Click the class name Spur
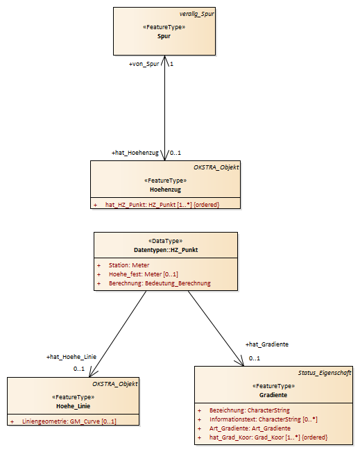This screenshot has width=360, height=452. (164, 36)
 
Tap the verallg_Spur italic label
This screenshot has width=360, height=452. (197, 14)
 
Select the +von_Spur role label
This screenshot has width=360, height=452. (144, 64)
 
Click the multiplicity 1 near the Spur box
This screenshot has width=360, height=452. (171, 64)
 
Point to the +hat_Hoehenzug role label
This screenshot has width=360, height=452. (135, 153)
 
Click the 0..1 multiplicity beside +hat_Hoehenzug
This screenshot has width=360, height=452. (175, 153)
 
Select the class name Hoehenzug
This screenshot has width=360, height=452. (165, 190)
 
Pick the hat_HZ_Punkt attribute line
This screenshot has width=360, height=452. (162, 205)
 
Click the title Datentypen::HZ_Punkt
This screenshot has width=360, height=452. (166, 250)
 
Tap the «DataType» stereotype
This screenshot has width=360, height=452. (166, 241)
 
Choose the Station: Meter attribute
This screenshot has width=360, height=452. (129, 265)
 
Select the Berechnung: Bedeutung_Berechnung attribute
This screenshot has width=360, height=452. (160, 283)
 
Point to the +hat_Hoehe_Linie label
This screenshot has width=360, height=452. (71, 357)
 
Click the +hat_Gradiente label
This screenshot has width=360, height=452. (267, 344)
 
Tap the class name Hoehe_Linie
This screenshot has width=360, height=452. (73, 406)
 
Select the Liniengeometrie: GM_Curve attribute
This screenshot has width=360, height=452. (69, 421)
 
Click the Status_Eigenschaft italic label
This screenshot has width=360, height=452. (325, 373)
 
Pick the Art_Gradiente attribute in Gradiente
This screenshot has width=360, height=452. (250, 428)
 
